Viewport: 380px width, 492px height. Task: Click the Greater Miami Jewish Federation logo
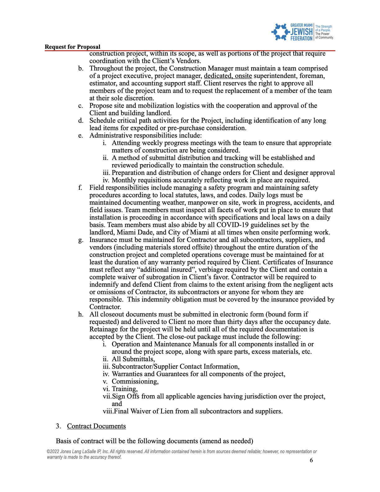tap(302, 32)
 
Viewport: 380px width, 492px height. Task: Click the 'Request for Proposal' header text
tap(72, 47)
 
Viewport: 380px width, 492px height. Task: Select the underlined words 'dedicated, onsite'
tap(228, 76)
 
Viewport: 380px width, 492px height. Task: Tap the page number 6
tap(311, 460)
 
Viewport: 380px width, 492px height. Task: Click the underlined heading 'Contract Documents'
tap(96, 426)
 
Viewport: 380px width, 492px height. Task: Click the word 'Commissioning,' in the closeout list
tap(135, 381)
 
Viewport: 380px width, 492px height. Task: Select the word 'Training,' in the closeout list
tap(124, 389)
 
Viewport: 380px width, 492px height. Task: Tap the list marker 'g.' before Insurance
tap(81, 240)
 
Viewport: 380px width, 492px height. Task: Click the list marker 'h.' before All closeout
tap(81, 314)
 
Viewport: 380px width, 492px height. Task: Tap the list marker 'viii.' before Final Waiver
tap(108, 411)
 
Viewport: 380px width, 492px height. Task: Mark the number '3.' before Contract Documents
tap(58, 426)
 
